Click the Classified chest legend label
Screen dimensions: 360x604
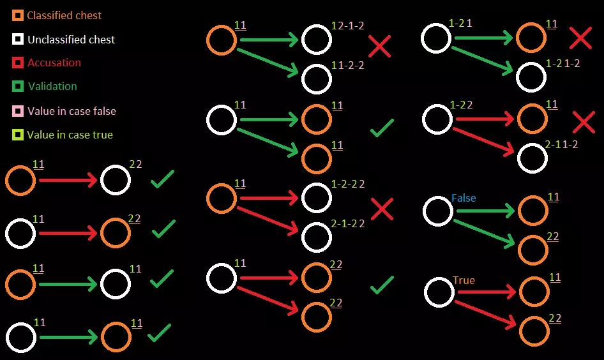64,15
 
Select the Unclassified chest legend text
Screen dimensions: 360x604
71,40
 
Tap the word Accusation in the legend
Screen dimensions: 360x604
54,63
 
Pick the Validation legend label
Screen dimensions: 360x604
52,86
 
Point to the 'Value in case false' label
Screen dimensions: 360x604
72,111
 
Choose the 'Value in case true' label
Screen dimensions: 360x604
70,135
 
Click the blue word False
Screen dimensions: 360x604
464,198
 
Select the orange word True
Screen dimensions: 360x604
464,280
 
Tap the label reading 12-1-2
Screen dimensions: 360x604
348,26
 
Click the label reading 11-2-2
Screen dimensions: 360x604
348,65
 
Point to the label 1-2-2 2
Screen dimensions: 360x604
348,184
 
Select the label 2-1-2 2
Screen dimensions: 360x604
348,223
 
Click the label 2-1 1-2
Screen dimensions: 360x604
562,144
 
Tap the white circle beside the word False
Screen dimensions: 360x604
438,211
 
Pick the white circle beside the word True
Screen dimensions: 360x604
439,292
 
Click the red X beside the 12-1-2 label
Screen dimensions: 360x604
380,46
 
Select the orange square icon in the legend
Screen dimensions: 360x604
18,15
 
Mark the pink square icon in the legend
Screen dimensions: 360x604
18,111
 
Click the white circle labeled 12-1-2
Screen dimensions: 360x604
317,40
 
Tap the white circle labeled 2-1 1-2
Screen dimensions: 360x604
532,158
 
